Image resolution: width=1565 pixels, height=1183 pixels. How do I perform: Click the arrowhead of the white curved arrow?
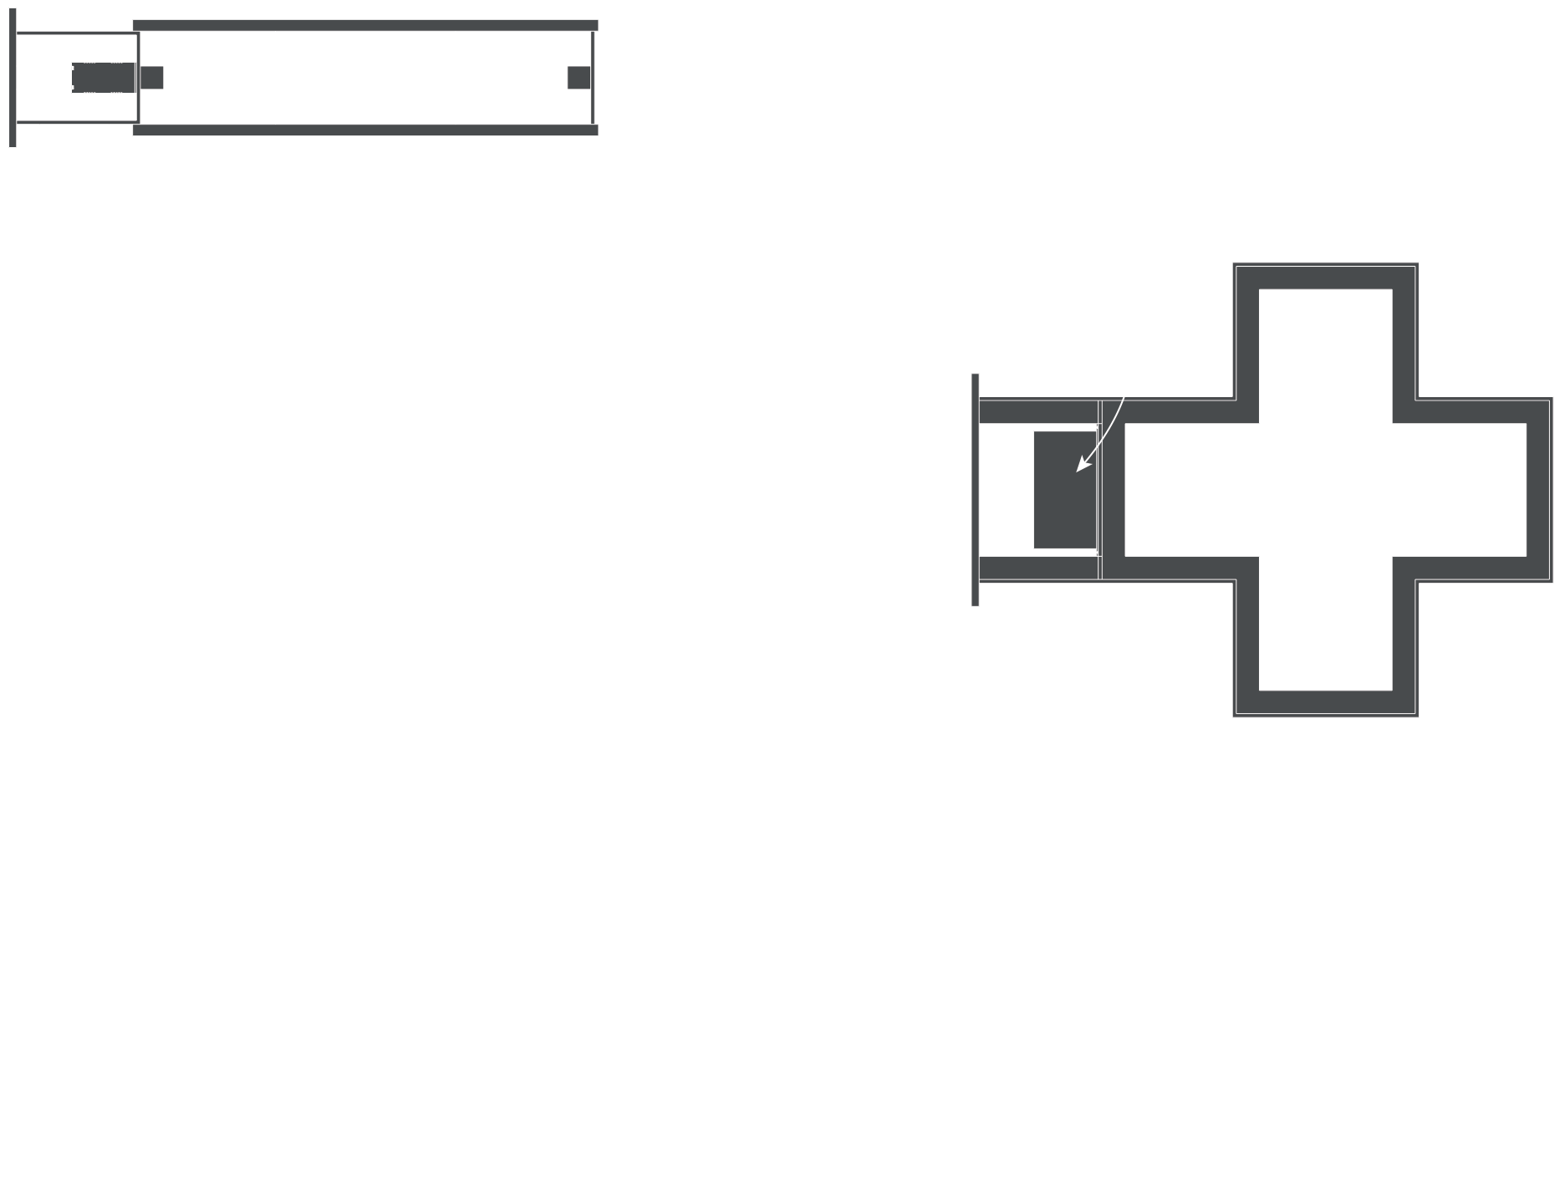tap(1080, 468)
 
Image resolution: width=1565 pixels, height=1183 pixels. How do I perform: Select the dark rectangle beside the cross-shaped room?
tap(1064, 490)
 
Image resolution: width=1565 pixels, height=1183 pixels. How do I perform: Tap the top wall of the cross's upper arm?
tap(1325, 278)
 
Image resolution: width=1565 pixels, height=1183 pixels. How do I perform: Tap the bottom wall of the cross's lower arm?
tap(1325, 702)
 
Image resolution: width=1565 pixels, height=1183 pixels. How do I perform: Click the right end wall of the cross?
tap(1538, 490)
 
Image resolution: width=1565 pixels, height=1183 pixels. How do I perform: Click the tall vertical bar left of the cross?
tap(975, 490)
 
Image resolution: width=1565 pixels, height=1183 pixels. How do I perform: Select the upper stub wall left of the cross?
tap(1037, 411)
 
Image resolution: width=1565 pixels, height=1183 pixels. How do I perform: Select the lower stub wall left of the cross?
tap(1037, 569)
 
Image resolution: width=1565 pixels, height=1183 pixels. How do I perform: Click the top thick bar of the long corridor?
tap(365, 25)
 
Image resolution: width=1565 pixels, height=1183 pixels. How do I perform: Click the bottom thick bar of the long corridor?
tap(365, 130)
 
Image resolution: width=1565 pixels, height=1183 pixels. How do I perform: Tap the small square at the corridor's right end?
tap(579, 78)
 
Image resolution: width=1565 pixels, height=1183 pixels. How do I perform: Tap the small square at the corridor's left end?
tap(151, 78)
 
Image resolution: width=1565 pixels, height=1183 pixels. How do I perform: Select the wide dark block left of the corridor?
tap(103, 78)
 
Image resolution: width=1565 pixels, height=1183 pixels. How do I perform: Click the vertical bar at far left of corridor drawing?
tap(13, 78)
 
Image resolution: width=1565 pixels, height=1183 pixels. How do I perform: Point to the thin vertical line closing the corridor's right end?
tap(593, 78)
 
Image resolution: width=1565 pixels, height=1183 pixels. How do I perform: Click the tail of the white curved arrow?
tap(1124, 400)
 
